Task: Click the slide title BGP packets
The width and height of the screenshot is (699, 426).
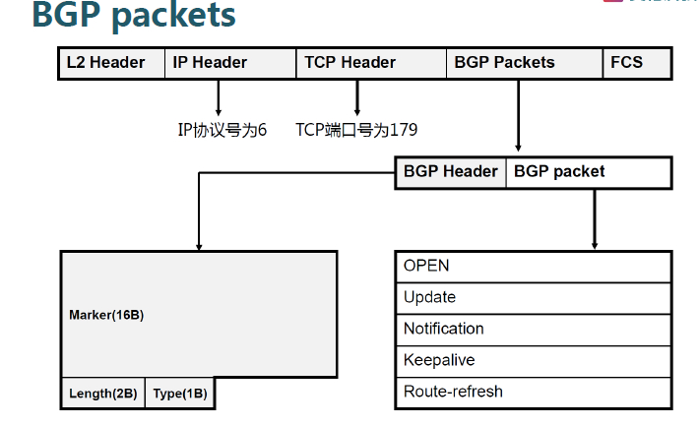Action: click(x=134, y=16)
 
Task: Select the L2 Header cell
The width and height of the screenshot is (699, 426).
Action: click(x=105, y=63)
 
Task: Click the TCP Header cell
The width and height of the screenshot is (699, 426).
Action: click(x=349, y=63)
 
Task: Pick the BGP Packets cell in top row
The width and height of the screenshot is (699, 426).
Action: click(x=504, y=63)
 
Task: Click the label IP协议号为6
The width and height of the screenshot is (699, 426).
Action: click(x=222, y=130)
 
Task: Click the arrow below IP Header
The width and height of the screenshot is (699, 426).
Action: click(x=218, y=97)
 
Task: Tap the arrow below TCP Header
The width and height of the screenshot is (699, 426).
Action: click(x=356, y=97)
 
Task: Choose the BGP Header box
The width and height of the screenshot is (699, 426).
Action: click(x=451, y=172)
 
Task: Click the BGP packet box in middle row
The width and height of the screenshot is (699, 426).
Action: click(x=559, y=172)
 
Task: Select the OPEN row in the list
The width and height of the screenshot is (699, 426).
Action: click(x=533, y=267)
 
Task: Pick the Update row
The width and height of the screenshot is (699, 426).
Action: click(x=533, y=297)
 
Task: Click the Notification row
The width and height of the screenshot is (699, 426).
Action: click(x=533, y=329)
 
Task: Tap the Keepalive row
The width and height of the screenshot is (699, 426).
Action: click(x=533, y=360)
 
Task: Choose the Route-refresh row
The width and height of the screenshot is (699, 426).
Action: click(x=533, y=392)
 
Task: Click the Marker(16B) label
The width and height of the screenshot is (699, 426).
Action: click(x=106, y=316)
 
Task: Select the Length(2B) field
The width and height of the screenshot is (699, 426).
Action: click(x=103, y=394)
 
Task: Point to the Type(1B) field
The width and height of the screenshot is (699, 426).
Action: click(x=180, y=394)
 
